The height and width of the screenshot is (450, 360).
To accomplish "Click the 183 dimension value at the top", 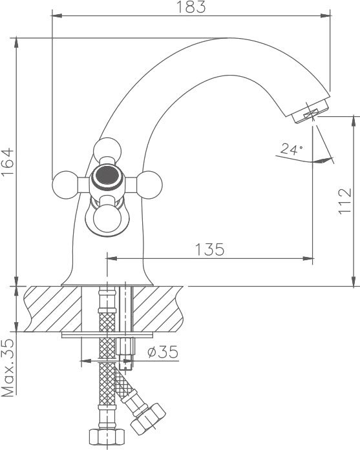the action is [191, 7].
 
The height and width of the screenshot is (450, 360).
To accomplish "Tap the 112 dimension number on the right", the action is [345, 201].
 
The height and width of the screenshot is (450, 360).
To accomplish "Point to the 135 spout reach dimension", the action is [210, 249].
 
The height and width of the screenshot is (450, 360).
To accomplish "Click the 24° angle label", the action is [291, 149].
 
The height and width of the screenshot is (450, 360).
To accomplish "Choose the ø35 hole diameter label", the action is [163, 352].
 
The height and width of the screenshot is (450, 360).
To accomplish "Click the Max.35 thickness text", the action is [8, 367].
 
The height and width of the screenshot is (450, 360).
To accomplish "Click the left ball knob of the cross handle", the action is [65, 185].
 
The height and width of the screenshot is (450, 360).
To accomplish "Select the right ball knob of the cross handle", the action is [149, 185].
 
